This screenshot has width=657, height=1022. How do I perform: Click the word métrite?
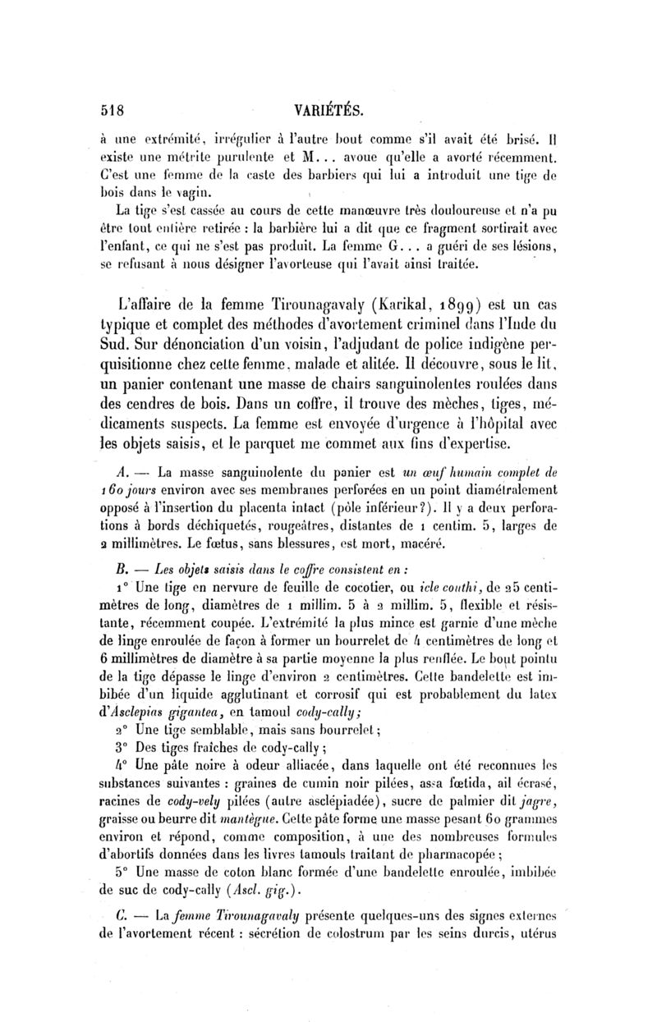pyautogui.click(x=204, y=154)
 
